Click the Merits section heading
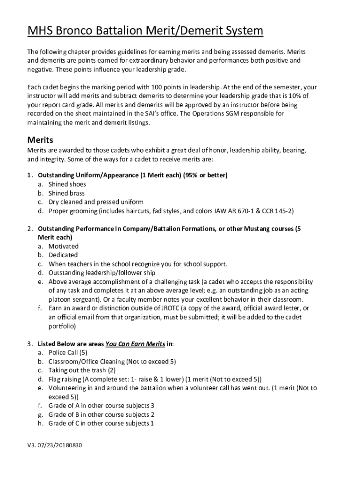coord(40,140)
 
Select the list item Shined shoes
coord(67,184)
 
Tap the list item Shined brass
coord(66,193)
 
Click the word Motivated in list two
coord(64,246)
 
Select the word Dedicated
coord(63,255)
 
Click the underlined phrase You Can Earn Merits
coord(135,344)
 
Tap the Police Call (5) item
coord(68,352)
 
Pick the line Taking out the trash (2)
coord(82,370)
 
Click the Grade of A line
coord(101,406)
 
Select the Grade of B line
coord(101,414)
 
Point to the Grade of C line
coord(101,423)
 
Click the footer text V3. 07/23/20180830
coord(54,445)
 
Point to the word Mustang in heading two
coord(251,229)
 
